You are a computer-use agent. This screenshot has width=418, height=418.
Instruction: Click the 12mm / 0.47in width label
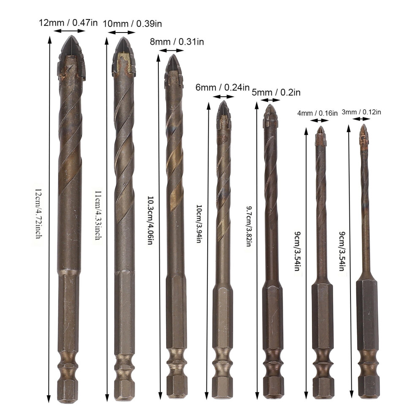(68, 22)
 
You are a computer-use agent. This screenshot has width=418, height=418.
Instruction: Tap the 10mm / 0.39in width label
(132, 24)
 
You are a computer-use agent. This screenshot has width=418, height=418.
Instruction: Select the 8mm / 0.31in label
(177, 41)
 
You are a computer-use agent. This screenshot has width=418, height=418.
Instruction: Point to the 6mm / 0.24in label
(223, 87)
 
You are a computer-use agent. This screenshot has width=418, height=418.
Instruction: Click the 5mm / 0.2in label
(276, 92)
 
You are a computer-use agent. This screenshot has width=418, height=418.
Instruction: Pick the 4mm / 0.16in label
(318, 113)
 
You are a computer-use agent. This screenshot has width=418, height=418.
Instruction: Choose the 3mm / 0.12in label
(361, 112)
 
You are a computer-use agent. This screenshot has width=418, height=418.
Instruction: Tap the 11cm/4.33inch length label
(98, 214)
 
